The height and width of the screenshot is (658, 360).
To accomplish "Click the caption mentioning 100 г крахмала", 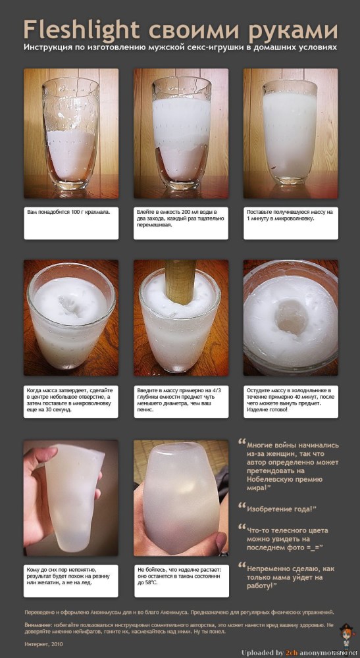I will [70, 213].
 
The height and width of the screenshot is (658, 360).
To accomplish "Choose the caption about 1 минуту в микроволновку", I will [290, 216].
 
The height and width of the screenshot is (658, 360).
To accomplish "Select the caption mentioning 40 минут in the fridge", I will [290, 400].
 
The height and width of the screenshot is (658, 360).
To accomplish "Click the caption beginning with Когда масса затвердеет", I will [70, 400].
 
